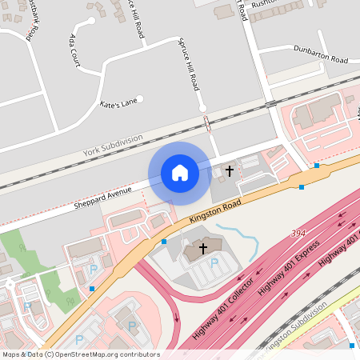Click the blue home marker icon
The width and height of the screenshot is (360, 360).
coord(180,172)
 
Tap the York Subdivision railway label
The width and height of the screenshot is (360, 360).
coord(113,145)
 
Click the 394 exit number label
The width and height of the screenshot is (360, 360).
coord(298,234)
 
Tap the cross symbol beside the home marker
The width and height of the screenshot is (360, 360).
coord(230,170)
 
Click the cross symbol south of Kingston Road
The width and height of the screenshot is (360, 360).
coord(202,249)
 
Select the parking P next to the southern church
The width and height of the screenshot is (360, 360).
coord(214,262)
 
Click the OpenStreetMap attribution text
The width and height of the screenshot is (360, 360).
coord(80,354)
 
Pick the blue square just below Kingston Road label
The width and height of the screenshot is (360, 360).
coord(164,241)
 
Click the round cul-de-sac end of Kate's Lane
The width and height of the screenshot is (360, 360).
coord(140,99)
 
